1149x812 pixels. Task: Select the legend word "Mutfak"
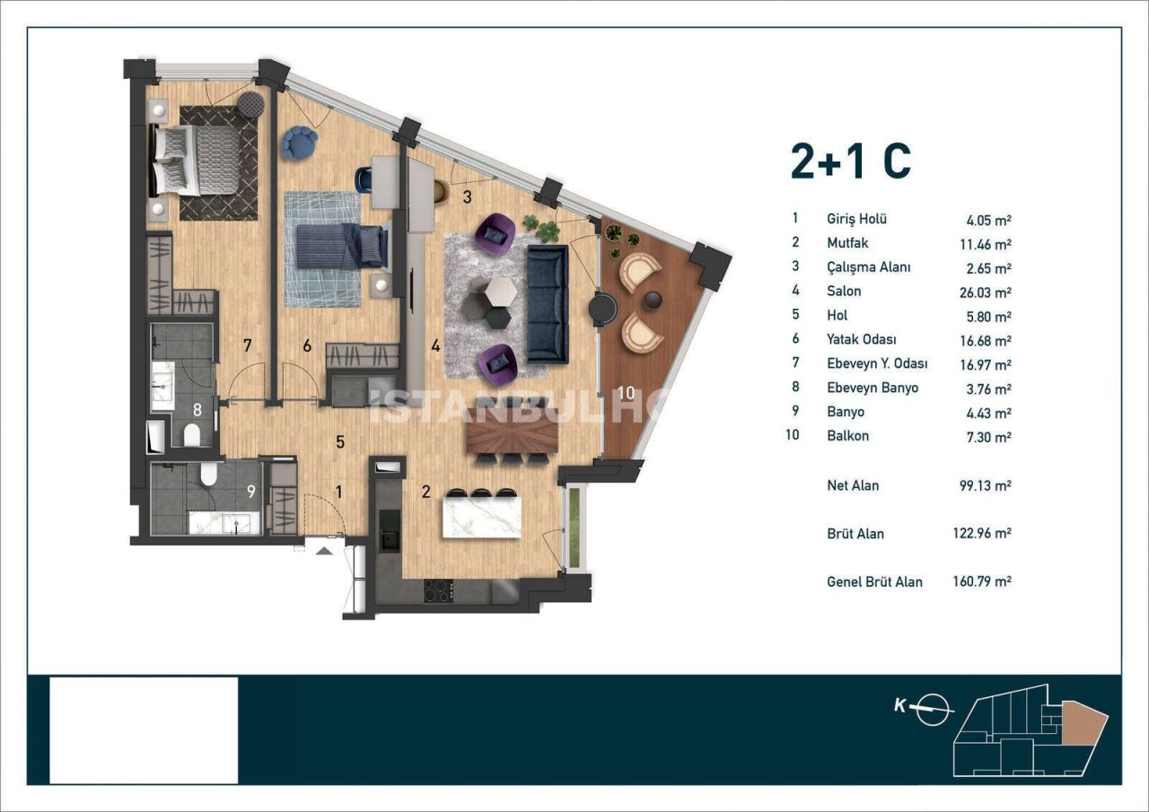[847, 243]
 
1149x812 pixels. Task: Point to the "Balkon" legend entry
[847, 436]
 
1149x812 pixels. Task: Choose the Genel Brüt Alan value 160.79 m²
[982, 581]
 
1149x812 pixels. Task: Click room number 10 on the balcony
[626, 391]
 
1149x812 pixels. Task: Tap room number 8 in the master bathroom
[196, 407]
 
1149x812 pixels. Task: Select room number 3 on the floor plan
[467, 196]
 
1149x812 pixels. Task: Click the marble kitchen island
[482, 517]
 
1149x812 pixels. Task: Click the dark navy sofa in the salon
[547, 303]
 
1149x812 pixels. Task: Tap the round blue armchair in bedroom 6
[298, 143]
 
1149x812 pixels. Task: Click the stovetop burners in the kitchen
[437, 590]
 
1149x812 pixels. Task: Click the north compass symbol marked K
[936, 707]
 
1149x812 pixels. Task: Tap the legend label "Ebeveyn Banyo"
[872, 389]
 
